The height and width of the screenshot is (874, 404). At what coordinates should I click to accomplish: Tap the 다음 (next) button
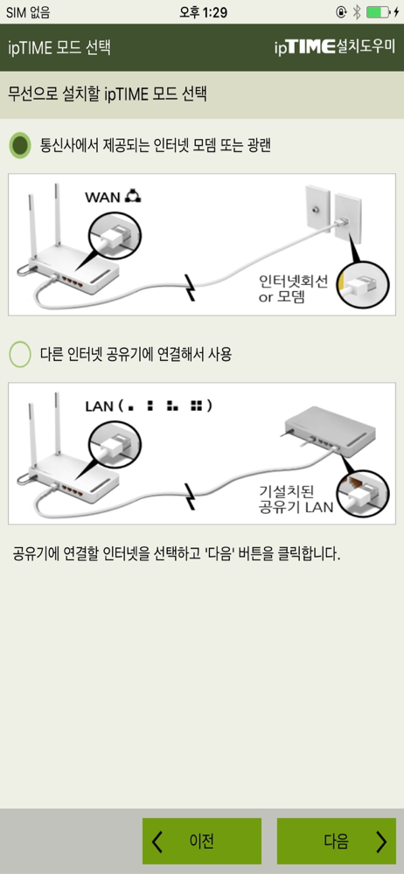[337, 841]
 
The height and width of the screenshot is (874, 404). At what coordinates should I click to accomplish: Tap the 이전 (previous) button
[202, 841]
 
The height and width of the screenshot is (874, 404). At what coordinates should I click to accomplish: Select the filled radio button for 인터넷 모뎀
[21, 146]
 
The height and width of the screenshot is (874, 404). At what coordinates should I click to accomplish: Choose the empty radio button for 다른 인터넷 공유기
[21, 355]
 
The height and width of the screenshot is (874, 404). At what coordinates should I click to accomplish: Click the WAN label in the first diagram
[102, 197]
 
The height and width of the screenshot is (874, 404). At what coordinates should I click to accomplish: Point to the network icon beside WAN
[135, 196]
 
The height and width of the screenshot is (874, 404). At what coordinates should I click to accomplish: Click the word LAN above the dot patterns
[100, 406]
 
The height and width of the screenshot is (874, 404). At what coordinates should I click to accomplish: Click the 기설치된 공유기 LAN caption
[296, 499]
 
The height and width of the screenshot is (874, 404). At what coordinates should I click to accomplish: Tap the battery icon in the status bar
[378, 12]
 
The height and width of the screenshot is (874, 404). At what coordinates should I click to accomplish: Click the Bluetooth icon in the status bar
[357, 12]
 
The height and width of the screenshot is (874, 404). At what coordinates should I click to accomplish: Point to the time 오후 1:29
[203, 12]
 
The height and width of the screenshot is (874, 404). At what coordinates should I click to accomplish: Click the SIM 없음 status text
[28, 12]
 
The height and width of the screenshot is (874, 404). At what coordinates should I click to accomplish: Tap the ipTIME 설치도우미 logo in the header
[335, 47]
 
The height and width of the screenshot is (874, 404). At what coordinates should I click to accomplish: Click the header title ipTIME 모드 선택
[59, 47]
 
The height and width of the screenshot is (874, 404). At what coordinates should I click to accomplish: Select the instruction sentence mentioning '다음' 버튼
[177, 555]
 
